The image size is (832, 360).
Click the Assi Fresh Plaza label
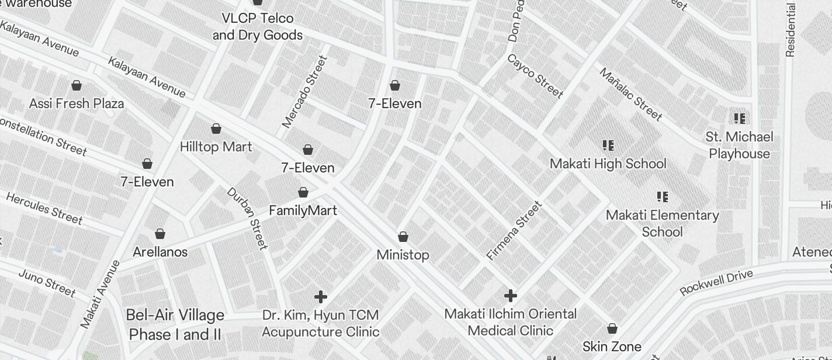[77, 103]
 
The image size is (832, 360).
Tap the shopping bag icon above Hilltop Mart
[216, 129]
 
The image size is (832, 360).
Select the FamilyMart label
[303, 210]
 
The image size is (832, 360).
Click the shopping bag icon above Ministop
[403, 237]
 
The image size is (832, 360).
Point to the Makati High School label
[608, 164]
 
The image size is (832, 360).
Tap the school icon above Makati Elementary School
[662, 197]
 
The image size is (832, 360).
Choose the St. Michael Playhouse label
[739, 145]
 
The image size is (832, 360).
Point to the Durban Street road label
[247, 218]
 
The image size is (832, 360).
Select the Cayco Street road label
[535, 76]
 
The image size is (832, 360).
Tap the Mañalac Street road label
[631, 94]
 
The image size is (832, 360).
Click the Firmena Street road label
[514, 230]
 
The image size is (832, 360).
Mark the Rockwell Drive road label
[716, 282]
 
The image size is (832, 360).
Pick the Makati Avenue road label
[100, 294]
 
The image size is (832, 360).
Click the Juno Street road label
[47, 282]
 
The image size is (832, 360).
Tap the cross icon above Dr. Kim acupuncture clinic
[321, 297]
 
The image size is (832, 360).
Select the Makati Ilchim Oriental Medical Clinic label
[510, 322]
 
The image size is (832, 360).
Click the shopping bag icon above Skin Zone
[612, 328]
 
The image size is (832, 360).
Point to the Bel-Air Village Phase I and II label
[175, 325]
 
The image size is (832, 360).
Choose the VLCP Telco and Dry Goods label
[257, 26]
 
